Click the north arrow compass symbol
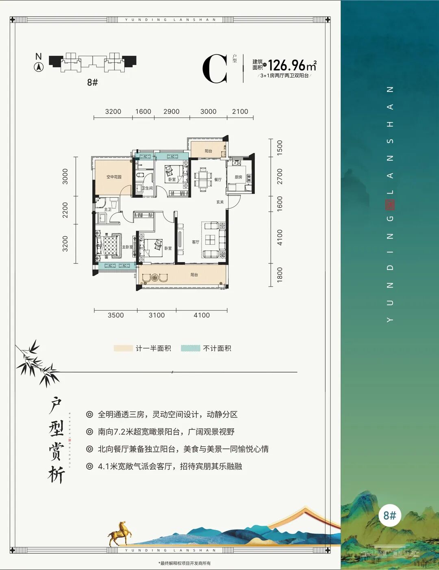click(x=39, y=67)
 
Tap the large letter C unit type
click(x=215, y=70)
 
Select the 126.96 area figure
click(x=287, y=65)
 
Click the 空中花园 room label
click(x=114, y=177)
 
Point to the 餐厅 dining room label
click(x=218, y=179)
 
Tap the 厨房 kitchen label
click(x=239, y=177)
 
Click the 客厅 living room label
click(x=196, y=242)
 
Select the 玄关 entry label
click(x=220, y=202)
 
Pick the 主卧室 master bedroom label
click(x=127, y=247)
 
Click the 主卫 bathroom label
click(x=108, y=209)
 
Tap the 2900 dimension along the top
click(x=171, y=111)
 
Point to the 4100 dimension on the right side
click(x=280, y=237)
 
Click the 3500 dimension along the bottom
click(x=116, y=315)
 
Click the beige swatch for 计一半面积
click(x=123, y=348)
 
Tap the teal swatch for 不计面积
click(x=190, y=348)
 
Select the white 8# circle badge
click(x=389, y=516)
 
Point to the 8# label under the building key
click(x=92, y=82)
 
